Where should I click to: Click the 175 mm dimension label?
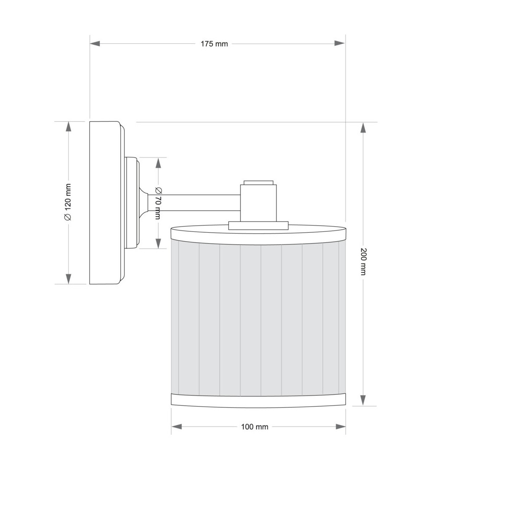[214, 44]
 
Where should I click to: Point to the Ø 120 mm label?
[68, 202]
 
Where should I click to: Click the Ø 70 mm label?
[158, 203]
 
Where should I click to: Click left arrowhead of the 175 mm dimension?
[95, 43]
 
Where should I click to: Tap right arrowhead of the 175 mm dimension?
[340, 43]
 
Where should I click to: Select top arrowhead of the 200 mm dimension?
[363, 128]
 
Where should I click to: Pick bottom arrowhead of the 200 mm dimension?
[363, 400]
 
